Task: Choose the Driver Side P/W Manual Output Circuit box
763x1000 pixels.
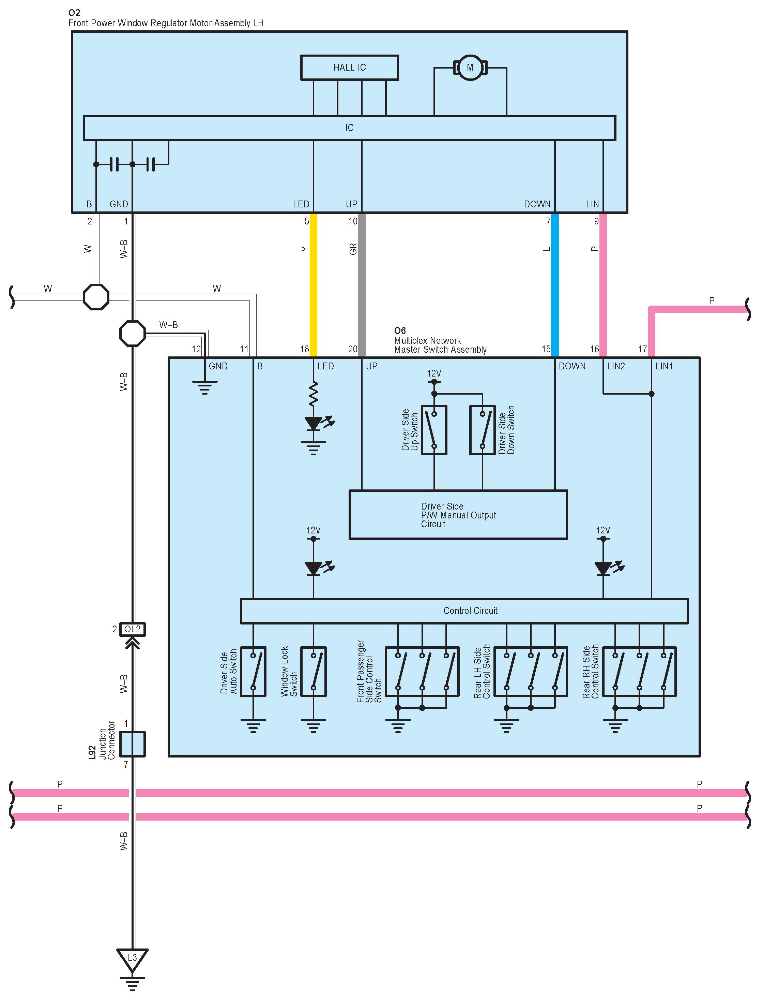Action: click(x=458, y=515)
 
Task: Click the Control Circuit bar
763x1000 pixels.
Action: click(x=464, y=611)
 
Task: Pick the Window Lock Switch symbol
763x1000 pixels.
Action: click(x=314, y=671)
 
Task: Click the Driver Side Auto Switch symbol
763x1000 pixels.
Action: click(x=253, y=671)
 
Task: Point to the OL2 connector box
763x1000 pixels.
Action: click(x=132, y=629)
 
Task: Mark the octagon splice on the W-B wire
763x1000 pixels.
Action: click(x=132, y=333)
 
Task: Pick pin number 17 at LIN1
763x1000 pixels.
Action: click(x=642, y=349)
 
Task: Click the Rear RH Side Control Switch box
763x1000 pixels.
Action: click(x=639, y=671)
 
